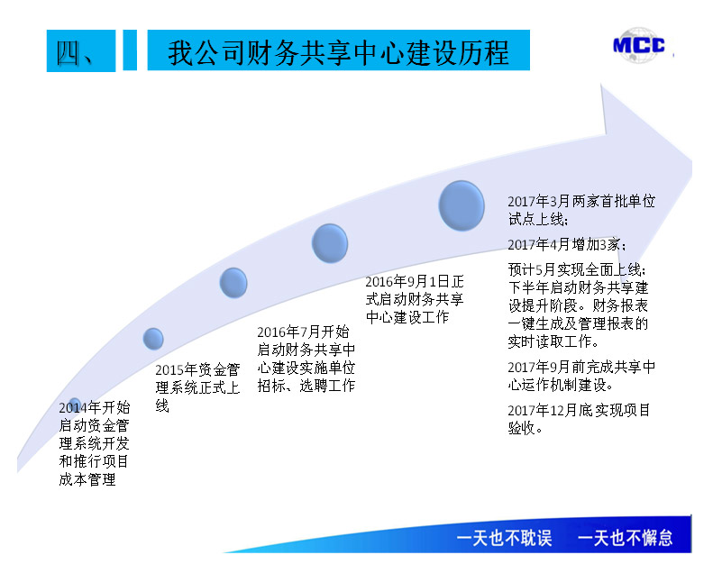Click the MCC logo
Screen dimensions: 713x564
pos(639,45)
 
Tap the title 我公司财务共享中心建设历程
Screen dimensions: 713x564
pos(338,53)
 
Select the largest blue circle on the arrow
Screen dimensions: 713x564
pos(462,205)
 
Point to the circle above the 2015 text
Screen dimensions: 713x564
pos(153,339)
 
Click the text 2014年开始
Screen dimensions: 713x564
pos(95,407)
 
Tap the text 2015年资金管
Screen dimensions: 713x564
pos(197,370)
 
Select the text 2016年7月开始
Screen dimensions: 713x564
pos(303,332)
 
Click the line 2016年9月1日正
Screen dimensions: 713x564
pos(415,282)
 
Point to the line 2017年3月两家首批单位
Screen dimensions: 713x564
pos(581,201)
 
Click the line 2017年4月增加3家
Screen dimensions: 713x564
pos(567,245)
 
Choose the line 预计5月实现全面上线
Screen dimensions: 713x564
pos(577,270)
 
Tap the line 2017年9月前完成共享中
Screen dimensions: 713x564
pos(581,368)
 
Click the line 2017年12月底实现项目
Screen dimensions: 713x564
pos(579,411)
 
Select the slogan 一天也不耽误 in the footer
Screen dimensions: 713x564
pos(504,538)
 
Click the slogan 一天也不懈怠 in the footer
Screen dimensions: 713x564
pos(625,538)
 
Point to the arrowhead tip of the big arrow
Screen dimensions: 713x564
pos(691,160)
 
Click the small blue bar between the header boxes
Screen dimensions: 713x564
pos(130,50)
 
